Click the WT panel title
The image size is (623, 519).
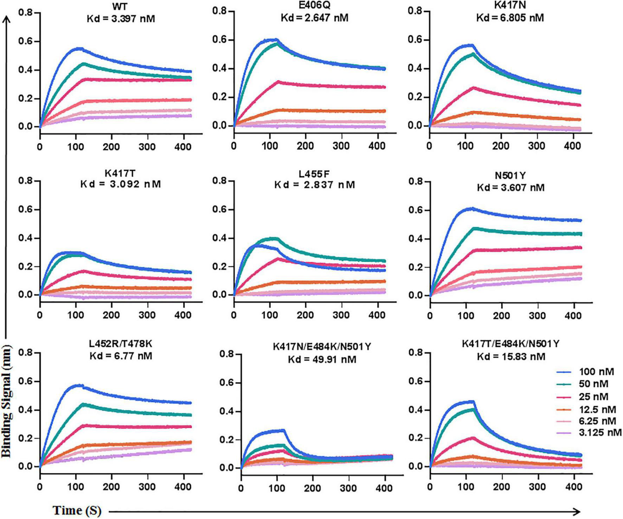coord(121,7)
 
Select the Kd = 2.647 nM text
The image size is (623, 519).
coord(315,18)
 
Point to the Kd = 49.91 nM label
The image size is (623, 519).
coord(322,359)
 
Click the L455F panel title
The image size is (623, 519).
coord(315,174)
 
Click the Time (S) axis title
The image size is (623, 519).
coord(77,510)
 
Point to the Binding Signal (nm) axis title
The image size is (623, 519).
coord(7,401)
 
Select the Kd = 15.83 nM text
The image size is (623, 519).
coord(511,357)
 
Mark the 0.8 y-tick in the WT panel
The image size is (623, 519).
coord(25,13)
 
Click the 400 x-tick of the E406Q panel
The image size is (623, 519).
coord(378,146)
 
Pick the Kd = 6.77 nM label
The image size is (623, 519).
coord(121,356)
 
